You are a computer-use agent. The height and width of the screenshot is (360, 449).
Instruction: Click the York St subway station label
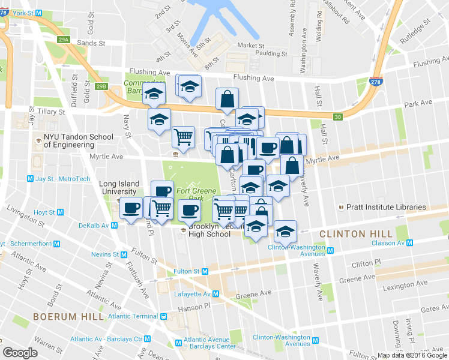21,13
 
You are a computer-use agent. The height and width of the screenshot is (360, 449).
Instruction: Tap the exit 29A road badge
64,40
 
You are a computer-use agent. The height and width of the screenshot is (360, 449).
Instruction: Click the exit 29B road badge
101,86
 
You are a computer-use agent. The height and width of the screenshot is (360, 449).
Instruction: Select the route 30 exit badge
339,117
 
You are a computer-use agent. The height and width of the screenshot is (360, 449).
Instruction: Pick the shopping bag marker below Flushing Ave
227,100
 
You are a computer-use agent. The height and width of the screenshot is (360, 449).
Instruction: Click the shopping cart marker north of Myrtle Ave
183,136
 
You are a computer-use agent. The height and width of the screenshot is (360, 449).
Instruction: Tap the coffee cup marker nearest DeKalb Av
131,208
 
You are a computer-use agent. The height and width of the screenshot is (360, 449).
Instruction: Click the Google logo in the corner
20,353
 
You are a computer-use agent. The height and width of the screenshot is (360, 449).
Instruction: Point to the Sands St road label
91,43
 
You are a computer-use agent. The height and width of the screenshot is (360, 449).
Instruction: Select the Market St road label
250,45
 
